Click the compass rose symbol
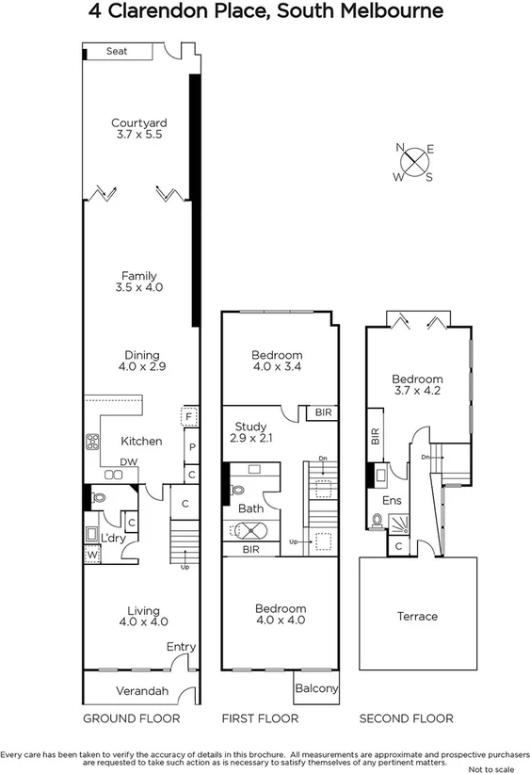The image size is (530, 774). (x=414, y=163)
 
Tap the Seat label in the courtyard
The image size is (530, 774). (x=116, y=52)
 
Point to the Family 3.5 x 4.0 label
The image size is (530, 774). (x=139, y=282)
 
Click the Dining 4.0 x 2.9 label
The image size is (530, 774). (x=139, y=361)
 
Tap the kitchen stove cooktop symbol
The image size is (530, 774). (x=94, y=441)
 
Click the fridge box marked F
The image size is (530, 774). (x=189, y=415)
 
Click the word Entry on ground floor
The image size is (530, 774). (x=181, y=647)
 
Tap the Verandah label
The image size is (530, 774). (x=142, y=691)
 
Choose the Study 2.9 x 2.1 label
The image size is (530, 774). (x=251, y=432)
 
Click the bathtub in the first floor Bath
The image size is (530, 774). (x=248, y=530)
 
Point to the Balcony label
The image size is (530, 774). (x=316, y=688)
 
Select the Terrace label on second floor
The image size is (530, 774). (x=417, y=616)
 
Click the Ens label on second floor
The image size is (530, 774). (x=392, y=501)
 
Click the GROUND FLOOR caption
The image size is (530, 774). (x=132, y=718)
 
